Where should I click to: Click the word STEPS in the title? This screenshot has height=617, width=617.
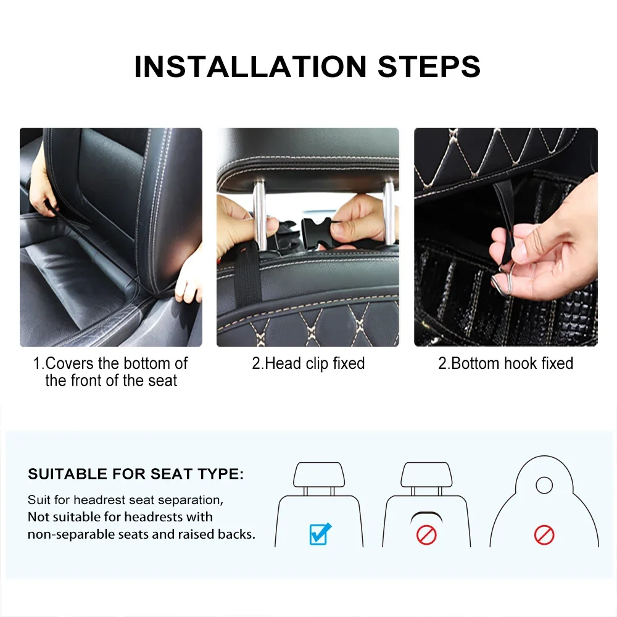click(x=429, y=67)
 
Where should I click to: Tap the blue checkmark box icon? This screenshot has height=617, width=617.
click(x=320, y=534)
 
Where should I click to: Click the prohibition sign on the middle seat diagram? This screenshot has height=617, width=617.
click(x=426, y=535)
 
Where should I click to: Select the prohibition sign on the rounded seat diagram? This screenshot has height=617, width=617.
click(x=544, y=535)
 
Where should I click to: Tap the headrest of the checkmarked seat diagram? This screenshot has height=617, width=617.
click(x=319, y=474)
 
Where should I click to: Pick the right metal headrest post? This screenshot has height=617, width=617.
click(x=389, y=212)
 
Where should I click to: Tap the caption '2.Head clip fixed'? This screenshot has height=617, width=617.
click(x=308, y=363)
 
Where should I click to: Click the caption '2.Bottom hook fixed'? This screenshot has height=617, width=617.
click(x=506, y=363)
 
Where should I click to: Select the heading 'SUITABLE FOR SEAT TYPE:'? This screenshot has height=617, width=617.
click(x=136, y=474)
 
